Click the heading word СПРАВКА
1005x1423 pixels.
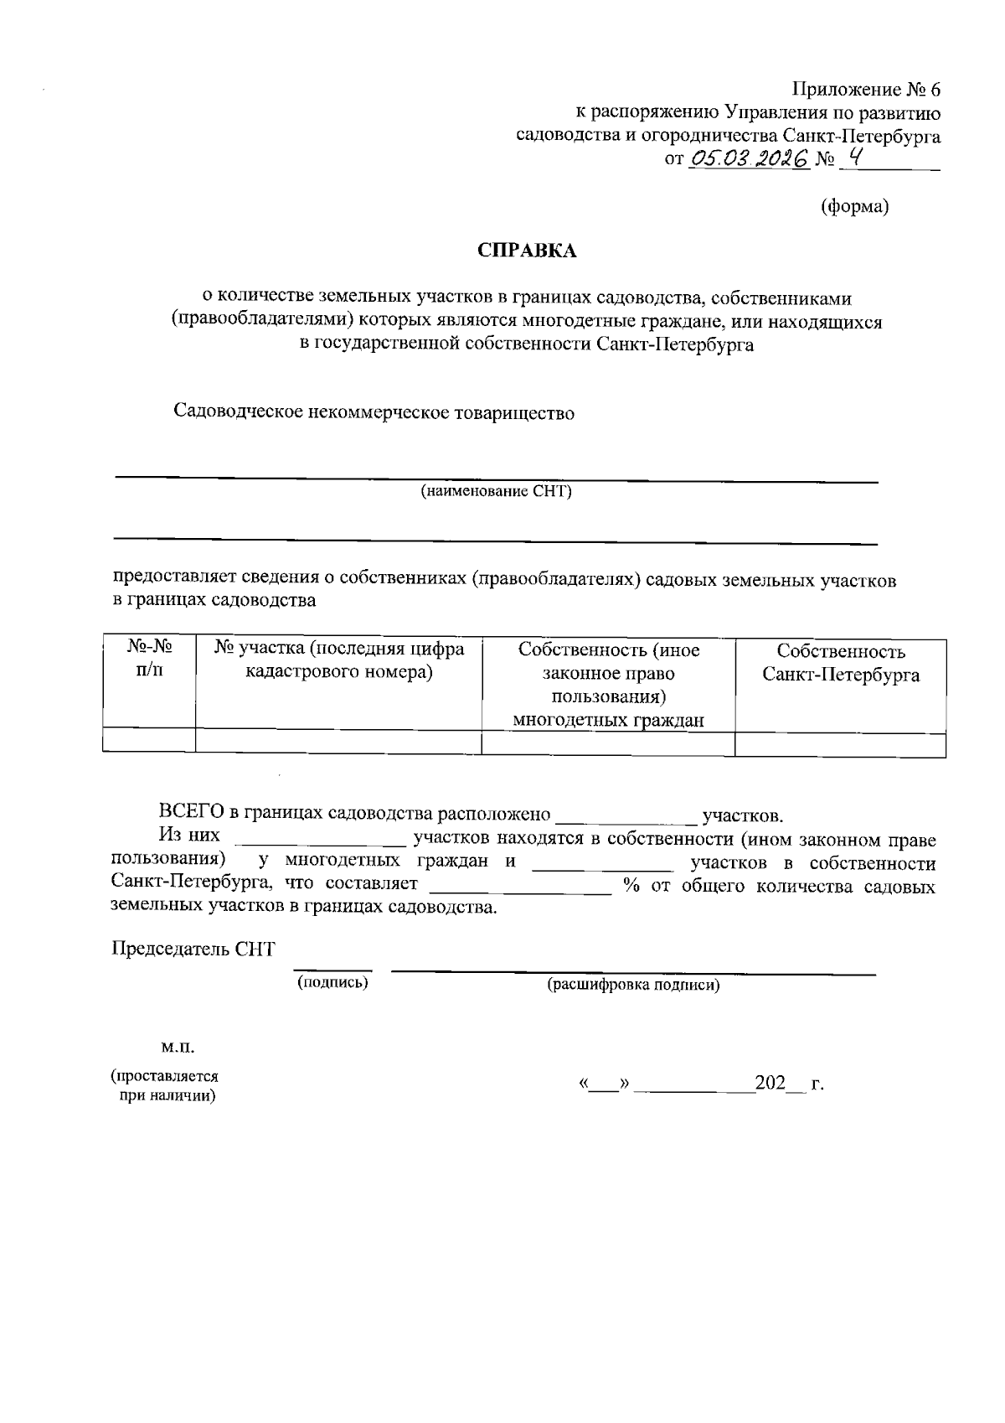pos(527,251)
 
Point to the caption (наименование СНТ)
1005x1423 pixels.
pos(496,491)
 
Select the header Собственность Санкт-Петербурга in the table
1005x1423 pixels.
pos(840,663)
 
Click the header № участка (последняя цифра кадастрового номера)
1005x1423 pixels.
pos(338,660)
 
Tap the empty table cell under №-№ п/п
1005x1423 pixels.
pos(149,743)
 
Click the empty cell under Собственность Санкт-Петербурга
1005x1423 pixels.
pos(840,743)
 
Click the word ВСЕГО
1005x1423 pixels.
pos(191,814)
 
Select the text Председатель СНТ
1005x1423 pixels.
pos(193,950)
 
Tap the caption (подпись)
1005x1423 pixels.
pos(333,982)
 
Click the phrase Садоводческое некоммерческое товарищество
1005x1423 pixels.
pos(374,412)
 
